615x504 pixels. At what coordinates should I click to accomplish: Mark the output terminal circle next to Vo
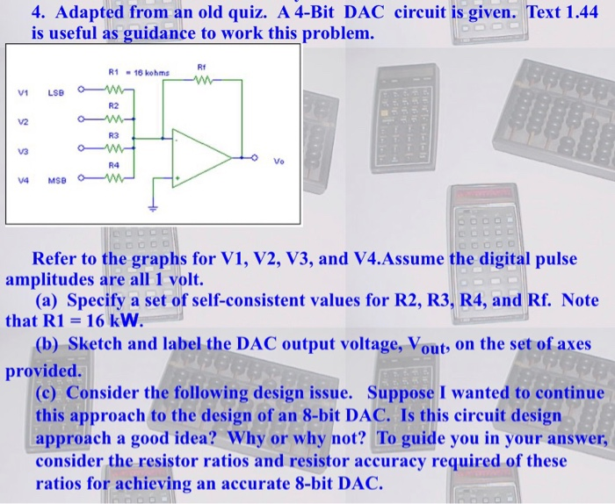click(257, 159)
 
